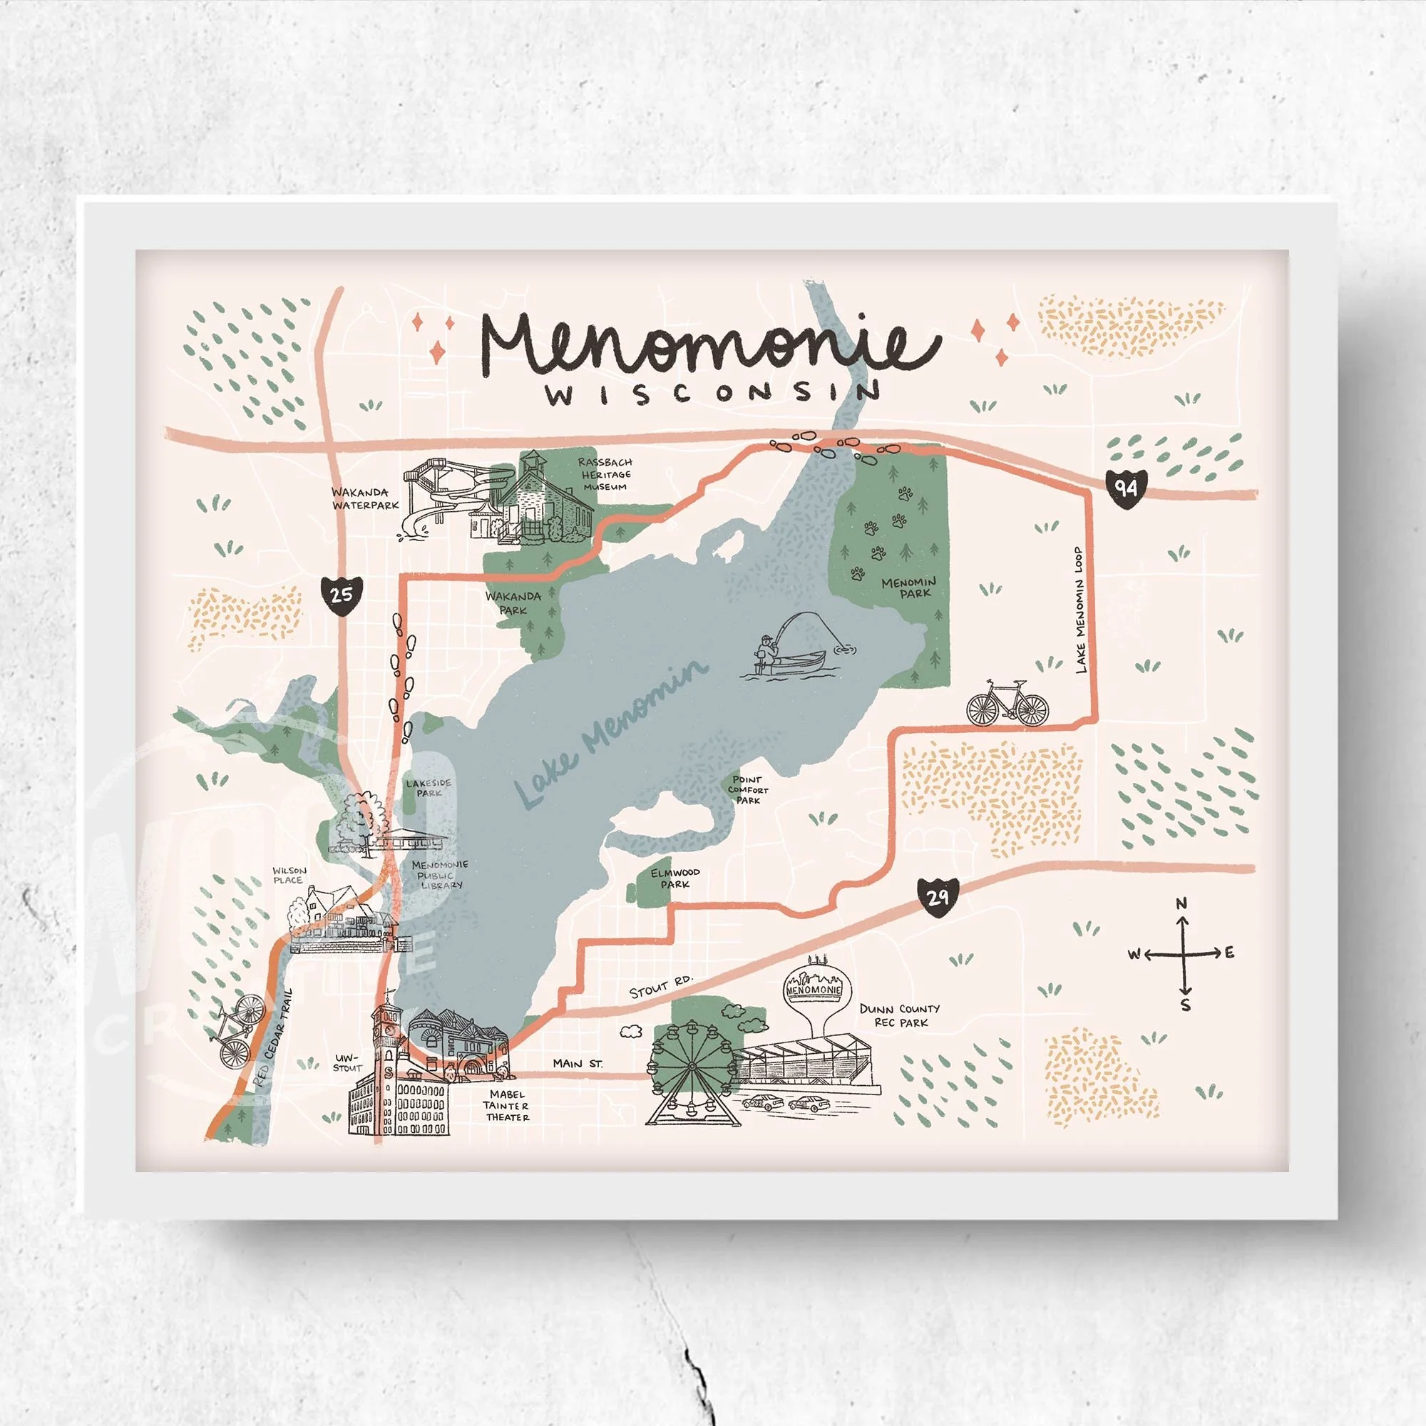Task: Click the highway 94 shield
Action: click(1127, 488)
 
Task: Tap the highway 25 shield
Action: click(342, 593)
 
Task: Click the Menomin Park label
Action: click(909, 588)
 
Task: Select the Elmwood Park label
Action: click(674, 878)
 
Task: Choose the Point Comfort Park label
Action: click(748, 790)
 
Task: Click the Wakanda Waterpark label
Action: click(364, 499)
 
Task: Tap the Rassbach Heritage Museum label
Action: click(605, 474)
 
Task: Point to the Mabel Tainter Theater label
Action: click(506, 1106)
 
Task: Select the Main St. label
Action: click(578, 1064)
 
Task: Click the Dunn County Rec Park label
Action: click(900, 1015)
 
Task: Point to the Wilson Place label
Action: click(289, 876)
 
